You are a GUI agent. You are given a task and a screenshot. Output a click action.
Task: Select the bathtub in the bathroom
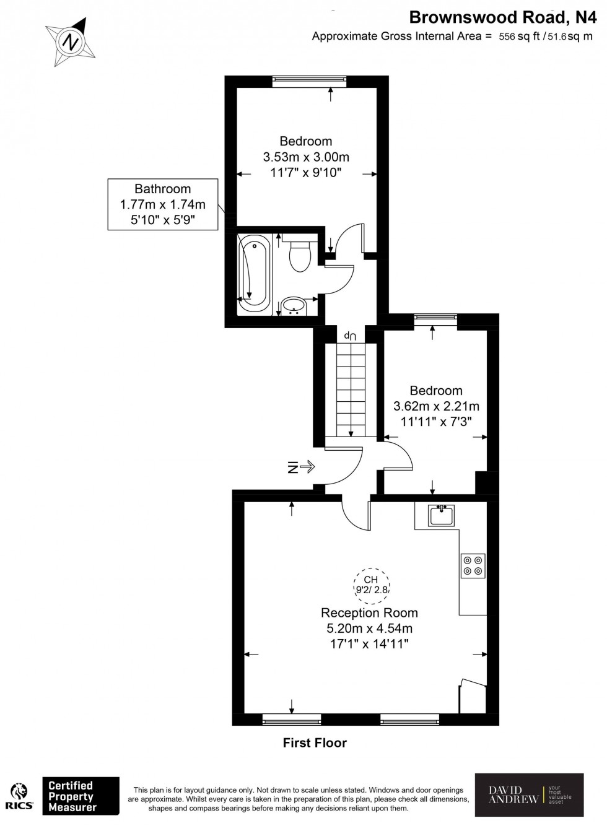click(x=254, y=276)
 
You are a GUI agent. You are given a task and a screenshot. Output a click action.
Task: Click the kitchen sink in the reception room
click(x=442, y=515)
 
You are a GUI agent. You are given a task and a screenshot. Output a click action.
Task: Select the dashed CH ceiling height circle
click(x=371, y=584)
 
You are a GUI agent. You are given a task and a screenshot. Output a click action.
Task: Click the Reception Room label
click(x=369, y=613)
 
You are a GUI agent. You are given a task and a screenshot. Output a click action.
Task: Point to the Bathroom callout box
click(x=163, y=204)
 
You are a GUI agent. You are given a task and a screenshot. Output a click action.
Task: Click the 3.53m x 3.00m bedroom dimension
click(x=305, y=157)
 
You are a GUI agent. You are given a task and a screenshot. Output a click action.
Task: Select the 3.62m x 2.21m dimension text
click(x=436, y=406)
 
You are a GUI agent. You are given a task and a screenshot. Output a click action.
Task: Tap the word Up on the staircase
click(x=351, y=335)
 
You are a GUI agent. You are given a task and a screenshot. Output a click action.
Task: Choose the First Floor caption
click(x=315, y=742)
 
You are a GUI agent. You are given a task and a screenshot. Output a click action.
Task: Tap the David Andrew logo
click(x=529, y=794)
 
